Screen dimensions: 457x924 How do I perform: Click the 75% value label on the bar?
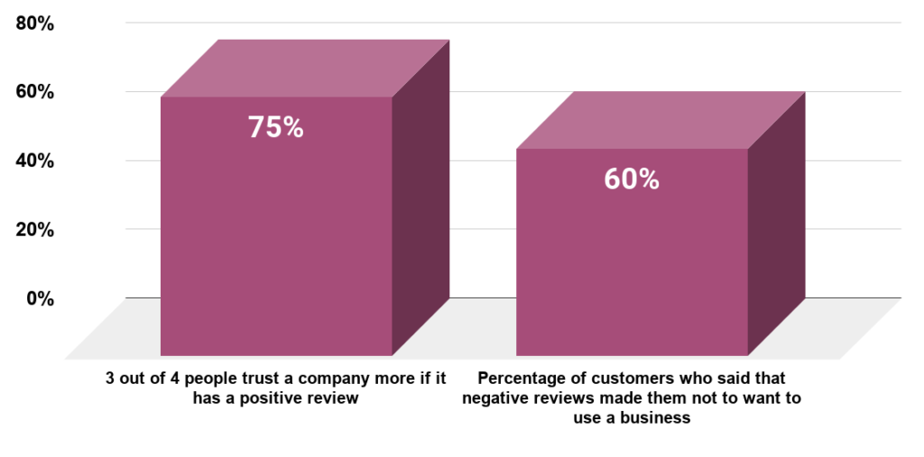coord(275,127)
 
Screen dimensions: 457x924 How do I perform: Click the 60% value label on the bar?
coord(632,179)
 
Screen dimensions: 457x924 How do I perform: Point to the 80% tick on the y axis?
coord(35,24)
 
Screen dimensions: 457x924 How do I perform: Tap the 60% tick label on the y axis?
coord(35,92)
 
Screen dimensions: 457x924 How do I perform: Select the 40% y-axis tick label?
coord(35,160)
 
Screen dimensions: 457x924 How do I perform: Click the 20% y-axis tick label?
coord(35,229)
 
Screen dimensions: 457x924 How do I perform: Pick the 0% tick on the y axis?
coord(40,297)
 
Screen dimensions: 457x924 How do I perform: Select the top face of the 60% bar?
coord(661,120)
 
